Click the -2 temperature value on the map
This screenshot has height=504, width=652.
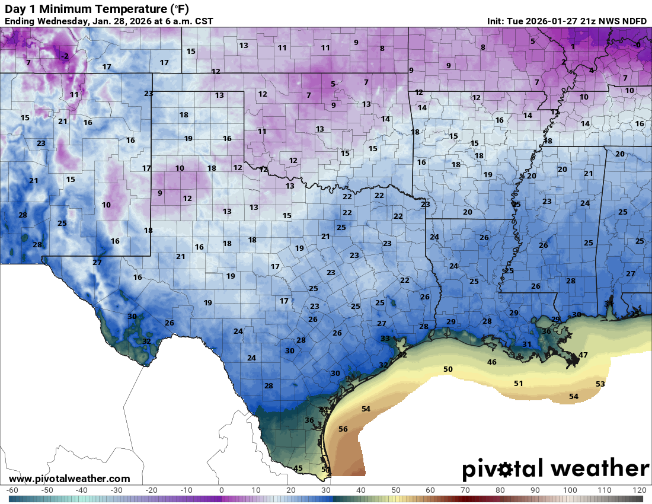coord(65,56)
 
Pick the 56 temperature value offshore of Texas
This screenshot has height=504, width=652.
coord(343,429)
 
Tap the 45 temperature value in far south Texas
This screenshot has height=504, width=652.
coord(298,468)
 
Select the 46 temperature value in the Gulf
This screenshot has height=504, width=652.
coord(491,362)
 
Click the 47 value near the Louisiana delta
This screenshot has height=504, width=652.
coord(583,355)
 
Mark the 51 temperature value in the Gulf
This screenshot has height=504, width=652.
coord(518,383)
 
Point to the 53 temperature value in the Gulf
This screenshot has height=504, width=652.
coord(600,384)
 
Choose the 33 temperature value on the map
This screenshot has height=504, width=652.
coord(385,338)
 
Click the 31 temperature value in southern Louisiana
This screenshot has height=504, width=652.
coord(526,344)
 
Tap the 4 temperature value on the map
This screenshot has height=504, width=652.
coord(591,71)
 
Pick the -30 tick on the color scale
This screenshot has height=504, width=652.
coord(116,490)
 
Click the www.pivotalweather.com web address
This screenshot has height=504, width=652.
coord(69,479)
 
